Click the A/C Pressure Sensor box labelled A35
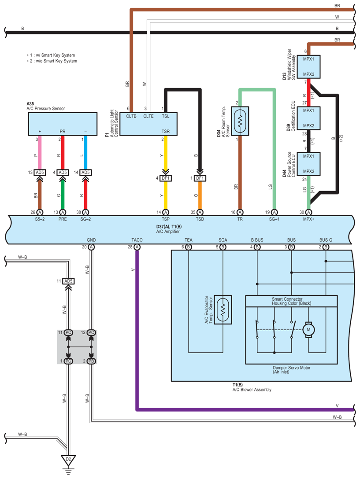pos(62,124)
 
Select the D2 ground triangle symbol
pos(68,461)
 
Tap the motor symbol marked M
pos(308,328)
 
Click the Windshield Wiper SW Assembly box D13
pos(308,66)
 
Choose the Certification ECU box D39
pos(308,118)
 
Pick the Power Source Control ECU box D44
pos(308,164)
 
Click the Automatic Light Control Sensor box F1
pos(148,124)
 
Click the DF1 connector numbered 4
pos(167,178)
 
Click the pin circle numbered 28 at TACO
pos(137,247)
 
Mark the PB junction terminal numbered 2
pos(91,361)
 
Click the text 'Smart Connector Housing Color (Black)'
pos(291,301)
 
